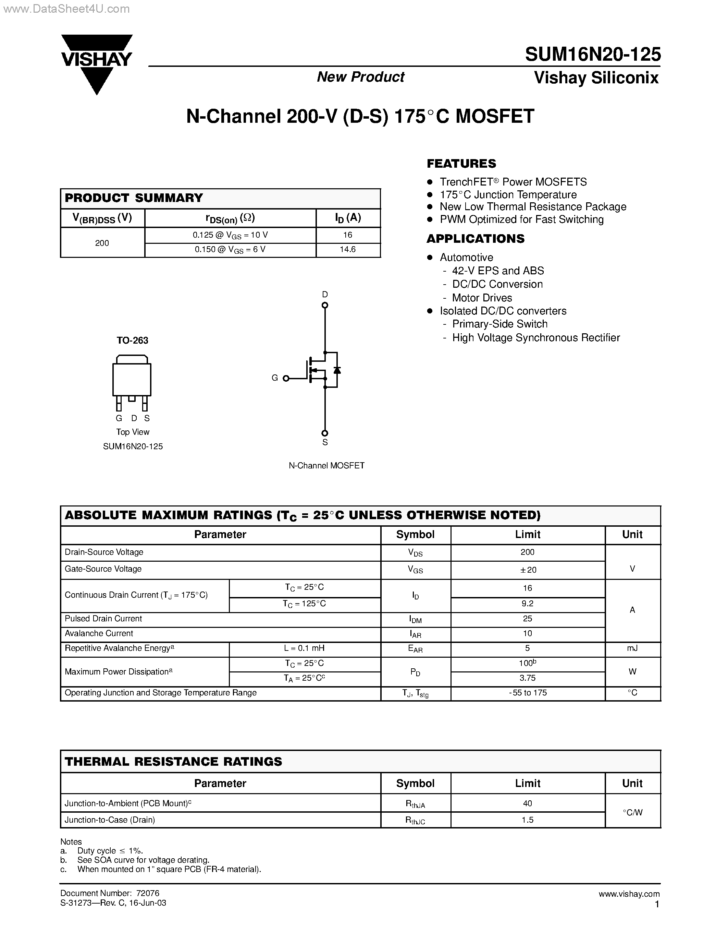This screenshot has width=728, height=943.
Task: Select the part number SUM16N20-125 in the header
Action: (x=593, y=55)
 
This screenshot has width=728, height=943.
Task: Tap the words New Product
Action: (x=360, y=77)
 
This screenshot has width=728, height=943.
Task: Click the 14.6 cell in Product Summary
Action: (x=348, y=250)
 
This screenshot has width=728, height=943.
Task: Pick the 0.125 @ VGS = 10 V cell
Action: (x=230, y=235)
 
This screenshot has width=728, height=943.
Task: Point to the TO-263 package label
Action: (x=132, y=341)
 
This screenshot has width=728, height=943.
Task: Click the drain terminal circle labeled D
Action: (x=325, y=305)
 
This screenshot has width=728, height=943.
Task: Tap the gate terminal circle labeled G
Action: (x=285, y=378)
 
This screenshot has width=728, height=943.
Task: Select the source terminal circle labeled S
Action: (x=325, y=433)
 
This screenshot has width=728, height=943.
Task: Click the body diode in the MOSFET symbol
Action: (x=337, y=370)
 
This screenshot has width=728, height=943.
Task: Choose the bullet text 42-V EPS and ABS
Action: (x=498, y=271)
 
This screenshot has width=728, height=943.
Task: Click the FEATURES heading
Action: (x=461, y=164)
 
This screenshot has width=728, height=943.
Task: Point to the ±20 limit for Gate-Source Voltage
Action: (x=528, y=570)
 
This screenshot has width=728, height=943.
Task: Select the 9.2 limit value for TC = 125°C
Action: (x=528, y=604)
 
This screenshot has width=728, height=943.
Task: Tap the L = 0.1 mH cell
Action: (x=305, y=648)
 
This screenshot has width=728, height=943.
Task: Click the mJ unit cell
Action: (x=632, y=648)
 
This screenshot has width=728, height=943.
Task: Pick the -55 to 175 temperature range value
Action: (x=528, y=693)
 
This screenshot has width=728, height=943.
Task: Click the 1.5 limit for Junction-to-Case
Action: (x=528, y=820)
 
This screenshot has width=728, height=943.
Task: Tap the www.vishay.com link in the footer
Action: (x=629, y=894)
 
